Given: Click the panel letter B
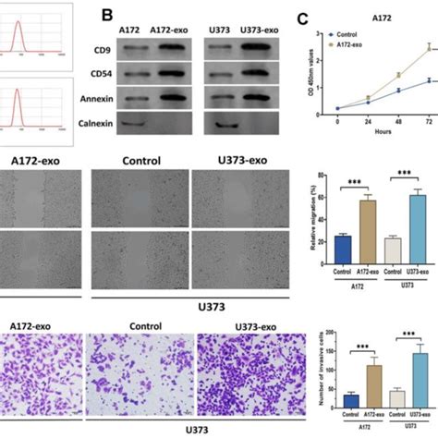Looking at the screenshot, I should [106, 16].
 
